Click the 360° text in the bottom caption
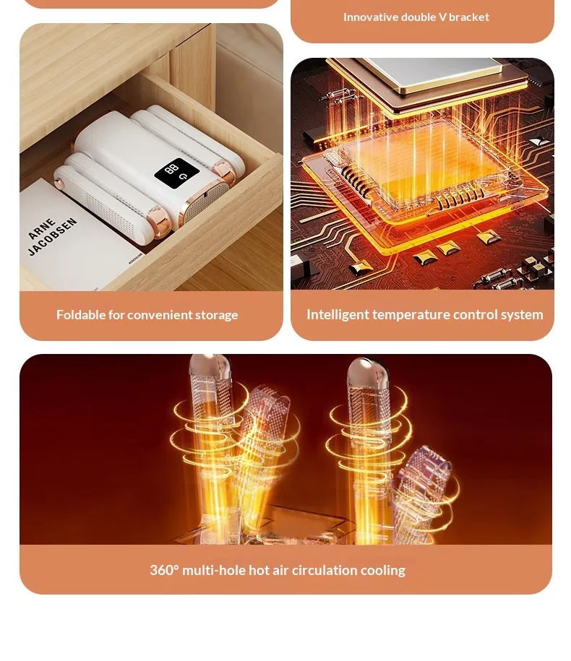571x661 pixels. coord(164,570)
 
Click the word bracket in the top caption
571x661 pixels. coord(469,17)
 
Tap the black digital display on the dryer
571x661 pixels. coord(176,171)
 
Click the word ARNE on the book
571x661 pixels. coord(42,229)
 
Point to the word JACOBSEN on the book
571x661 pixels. coord(52,236)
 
